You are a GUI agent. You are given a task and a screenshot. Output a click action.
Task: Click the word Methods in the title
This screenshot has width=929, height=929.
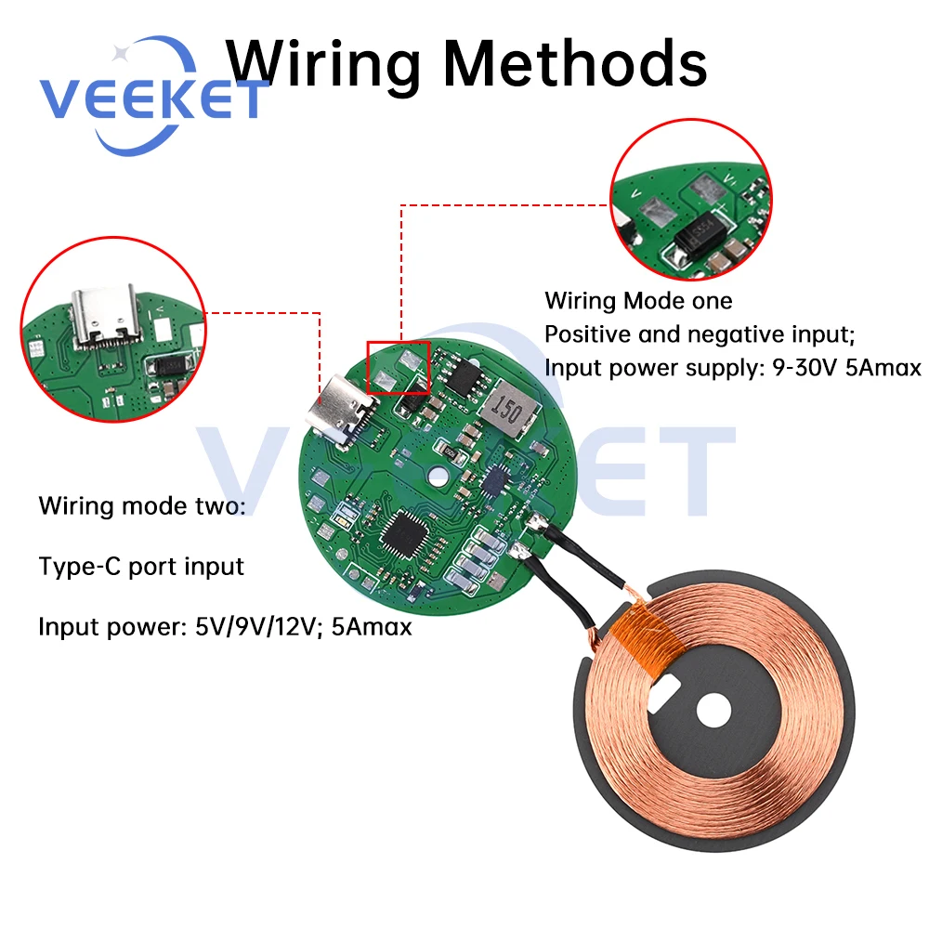[x=577, y=65]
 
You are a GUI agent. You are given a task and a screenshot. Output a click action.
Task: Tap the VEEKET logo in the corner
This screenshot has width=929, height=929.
[x=149, y=100]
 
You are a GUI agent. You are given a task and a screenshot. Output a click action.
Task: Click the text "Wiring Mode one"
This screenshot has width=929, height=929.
[x=638, y=301]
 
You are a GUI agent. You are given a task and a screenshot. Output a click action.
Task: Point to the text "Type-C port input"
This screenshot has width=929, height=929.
[x=141, y=567]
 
